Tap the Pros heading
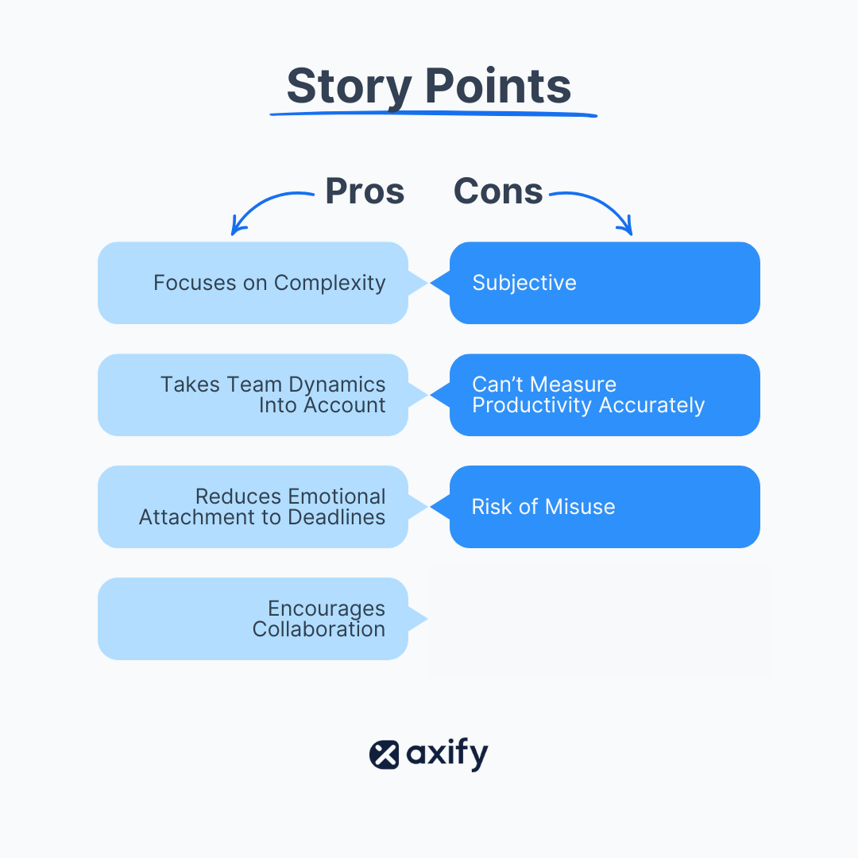coord(365,191)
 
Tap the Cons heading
coord(498,191)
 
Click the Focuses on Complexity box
coord(253,283)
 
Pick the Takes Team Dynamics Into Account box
coord(253,395)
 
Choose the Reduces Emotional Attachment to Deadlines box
coord(253,507)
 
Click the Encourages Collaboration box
coord(253,619)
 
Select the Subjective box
coord(605,283)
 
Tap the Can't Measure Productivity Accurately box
coord(605,395)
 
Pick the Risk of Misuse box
coord(605,507)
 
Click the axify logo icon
coord(385,755)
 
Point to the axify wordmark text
coord(447,755)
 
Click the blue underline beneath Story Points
coord(433,114)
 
